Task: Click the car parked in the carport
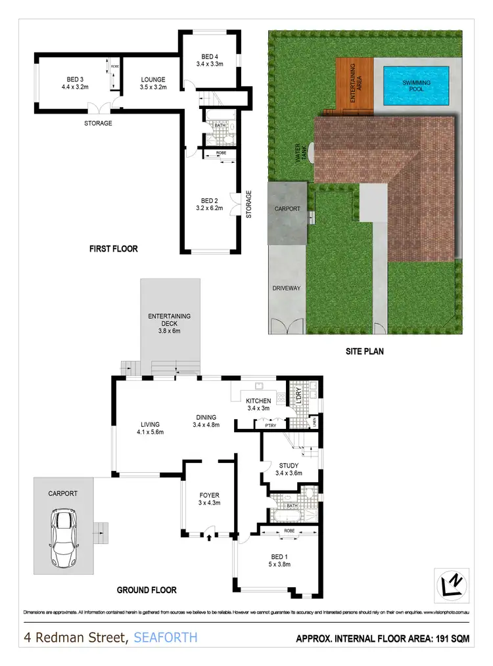click(x=64, y=539)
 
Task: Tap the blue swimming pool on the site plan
click(x=417, y=83)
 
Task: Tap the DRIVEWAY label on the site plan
click(x=286, y=288)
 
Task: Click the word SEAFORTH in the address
click(x=165, y=637)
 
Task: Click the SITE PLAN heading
click(x=365, y=351)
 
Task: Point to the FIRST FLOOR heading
click(x=113, y=249)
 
